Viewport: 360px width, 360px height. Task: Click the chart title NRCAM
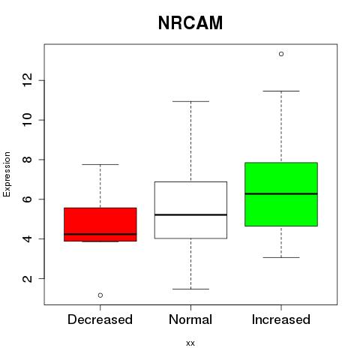click(x=190, y=23)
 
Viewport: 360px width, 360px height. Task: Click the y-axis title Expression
click(x=7, y=174)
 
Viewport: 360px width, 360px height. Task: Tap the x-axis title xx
click(x=190, y=343)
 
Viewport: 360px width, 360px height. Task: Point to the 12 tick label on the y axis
click(x=28, y=80)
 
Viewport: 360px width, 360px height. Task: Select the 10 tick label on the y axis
click(x=28, y=120)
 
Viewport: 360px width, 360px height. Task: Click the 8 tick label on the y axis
click(x=28, y=160)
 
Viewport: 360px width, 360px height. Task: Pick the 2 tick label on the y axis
click(x=28, y=278)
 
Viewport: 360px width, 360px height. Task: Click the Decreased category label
click(x=100, y=319)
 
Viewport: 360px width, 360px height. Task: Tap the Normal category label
click(x=190, y=319)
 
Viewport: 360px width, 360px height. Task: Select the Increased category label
click(x=281, y=319)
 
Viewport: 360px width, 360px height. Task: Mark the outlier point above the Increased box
click(x=281, y=54)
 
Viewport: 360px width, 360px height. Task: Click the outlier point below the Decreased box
click(x=100, y=295)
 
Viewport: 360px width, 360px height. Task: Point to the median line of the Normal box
click(x=190, y=214)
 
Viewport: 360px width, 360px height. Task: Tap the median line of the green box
click(x=281, y=193)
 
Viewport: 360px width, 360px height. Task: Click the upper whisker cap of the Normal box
click(x=190, y=101)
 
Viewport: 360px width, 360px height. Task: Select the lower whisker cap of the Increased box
click(x=281, y=257)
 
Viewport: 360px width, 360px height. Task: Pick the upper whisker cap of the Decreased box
click(x=100, y=164)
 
